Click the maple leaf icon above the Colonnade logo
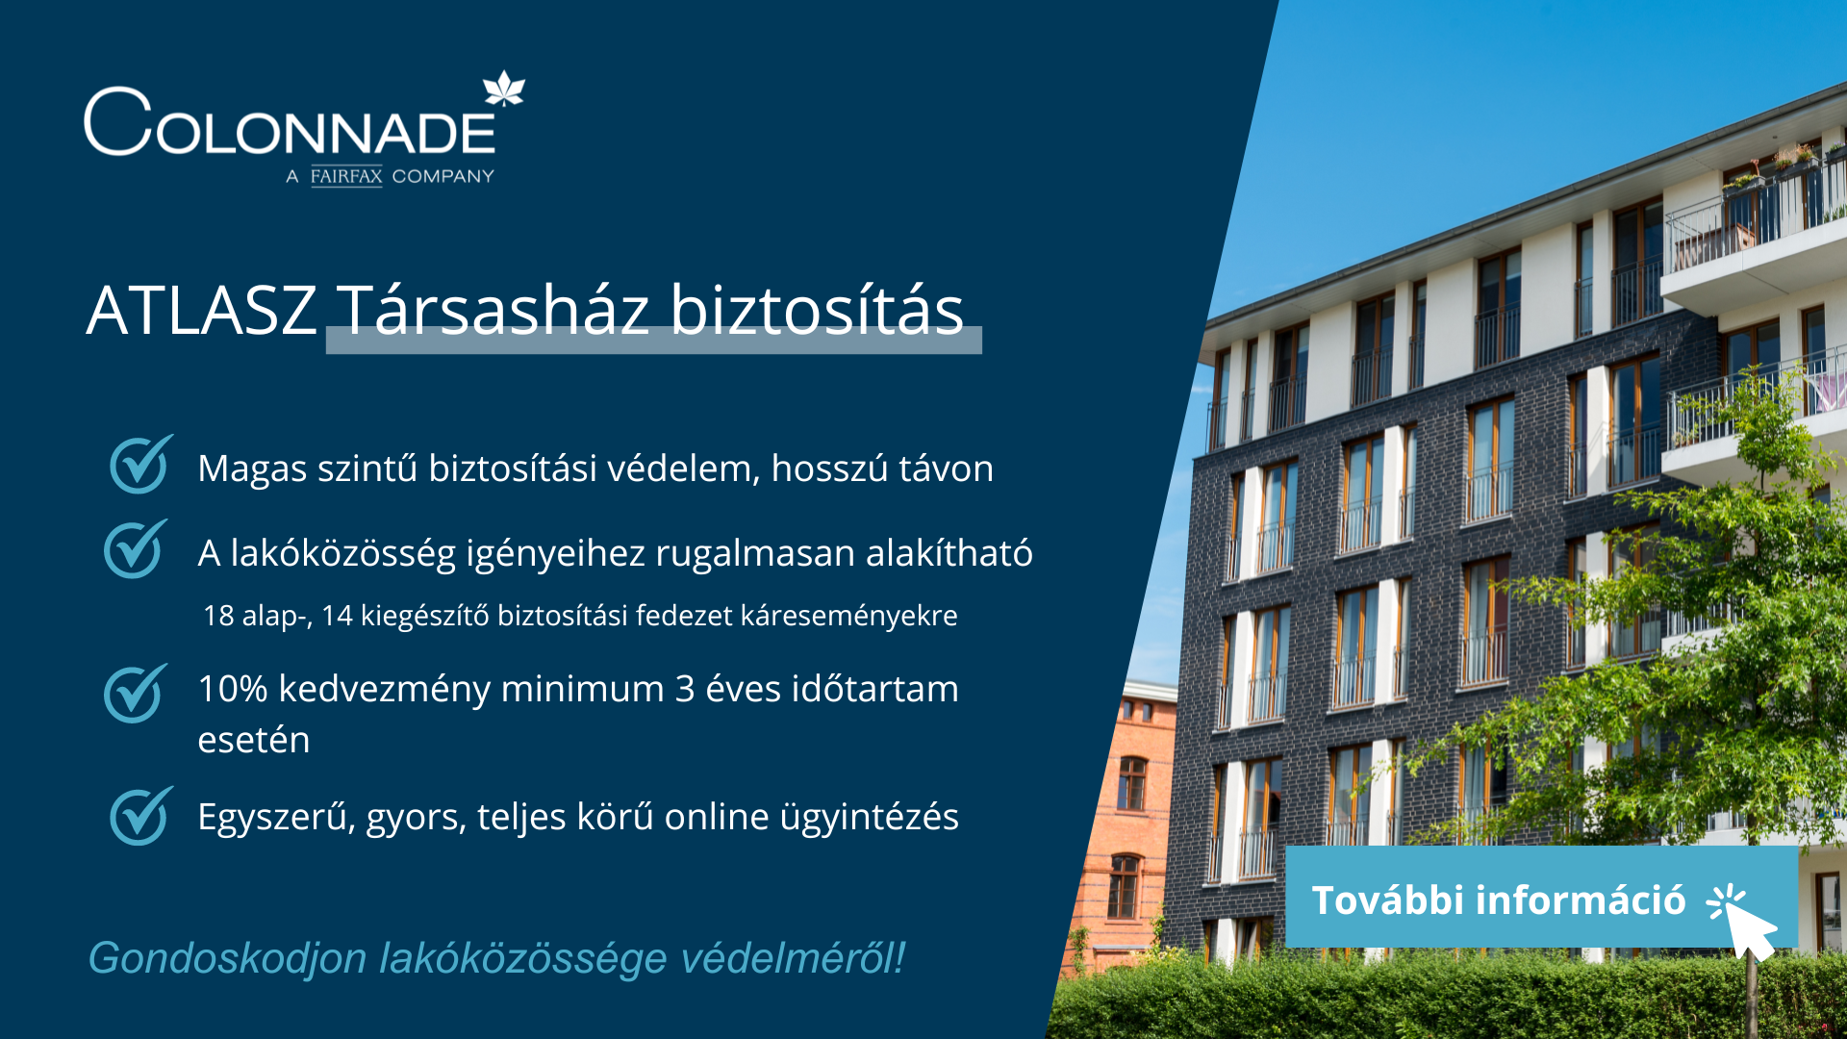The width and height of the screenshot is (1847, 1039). [503, 89]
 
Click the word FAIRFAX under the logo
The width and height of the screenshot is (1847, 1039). [346, 176]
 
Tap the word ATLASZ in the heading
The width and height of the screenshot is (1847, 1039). [202, 311]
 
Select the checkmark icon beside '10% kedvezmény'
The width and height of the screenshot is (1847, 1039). [136, 693]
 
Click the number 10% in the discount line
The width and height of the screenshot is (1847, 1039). [233, 689]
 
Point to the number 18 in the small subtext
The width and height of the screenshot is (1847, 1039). [218, 616]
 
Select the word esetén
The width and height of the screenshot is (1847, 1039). [254, 741]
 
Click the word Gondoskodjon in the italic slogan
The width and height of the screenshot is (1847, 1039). [228, 958]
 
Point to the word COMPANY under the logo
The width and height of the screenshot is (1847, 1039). [443, 176]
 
